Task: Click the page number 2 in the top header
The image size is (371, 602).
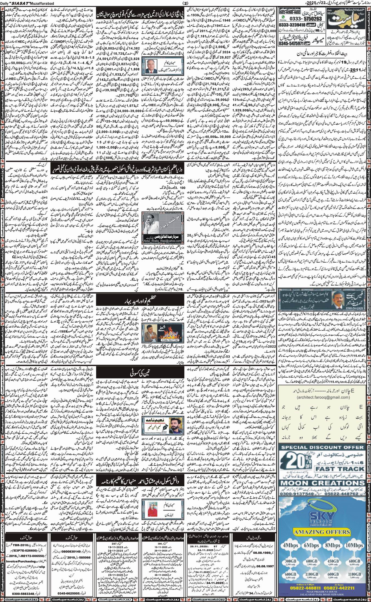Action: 185,3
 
